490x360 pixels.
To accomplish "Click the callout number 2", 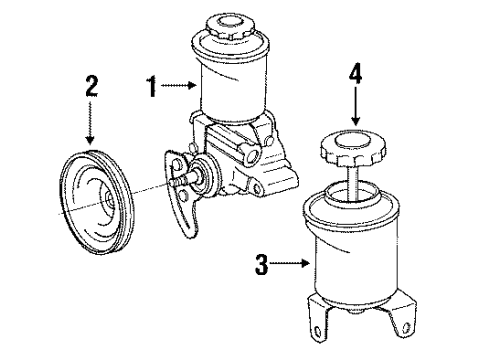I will coord(92,85).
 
